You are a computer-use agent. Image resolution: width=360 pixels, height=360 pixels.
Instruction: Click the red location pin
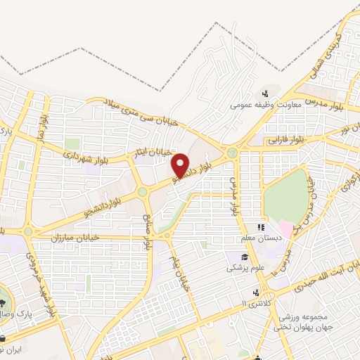(181, 165)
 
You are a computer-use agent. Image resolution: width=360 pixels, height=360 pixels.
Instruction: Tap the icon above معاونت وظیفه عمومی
(266, 94)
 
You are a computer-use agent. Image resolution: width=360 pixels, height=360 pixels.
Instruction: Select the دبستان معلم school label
(261, 239)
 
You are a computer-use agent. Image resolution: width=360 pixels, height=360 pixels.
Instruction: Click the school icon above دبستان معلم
(261, 228)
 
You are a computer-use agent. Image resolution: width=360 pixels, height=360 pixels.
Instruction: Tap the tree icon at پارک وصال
(2, 298)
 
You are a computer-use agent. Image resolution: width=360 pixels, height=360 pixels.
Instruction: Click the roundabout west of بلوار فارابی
(231, 153)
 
